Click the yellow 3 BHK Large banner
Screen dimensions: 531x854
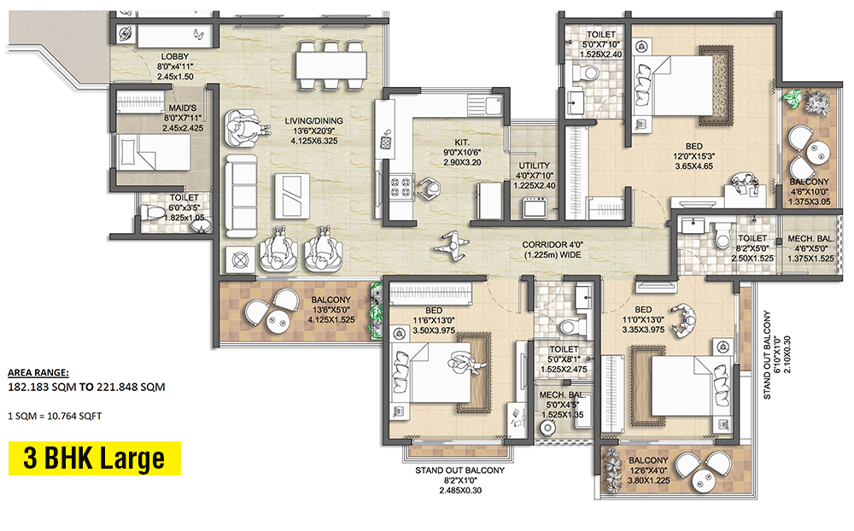click(x=94, y=458)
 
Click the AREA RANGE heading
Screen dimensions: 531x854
click(x=38, y=373)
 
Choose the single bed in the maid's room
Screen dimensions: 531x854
click(x=157, y=159)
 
